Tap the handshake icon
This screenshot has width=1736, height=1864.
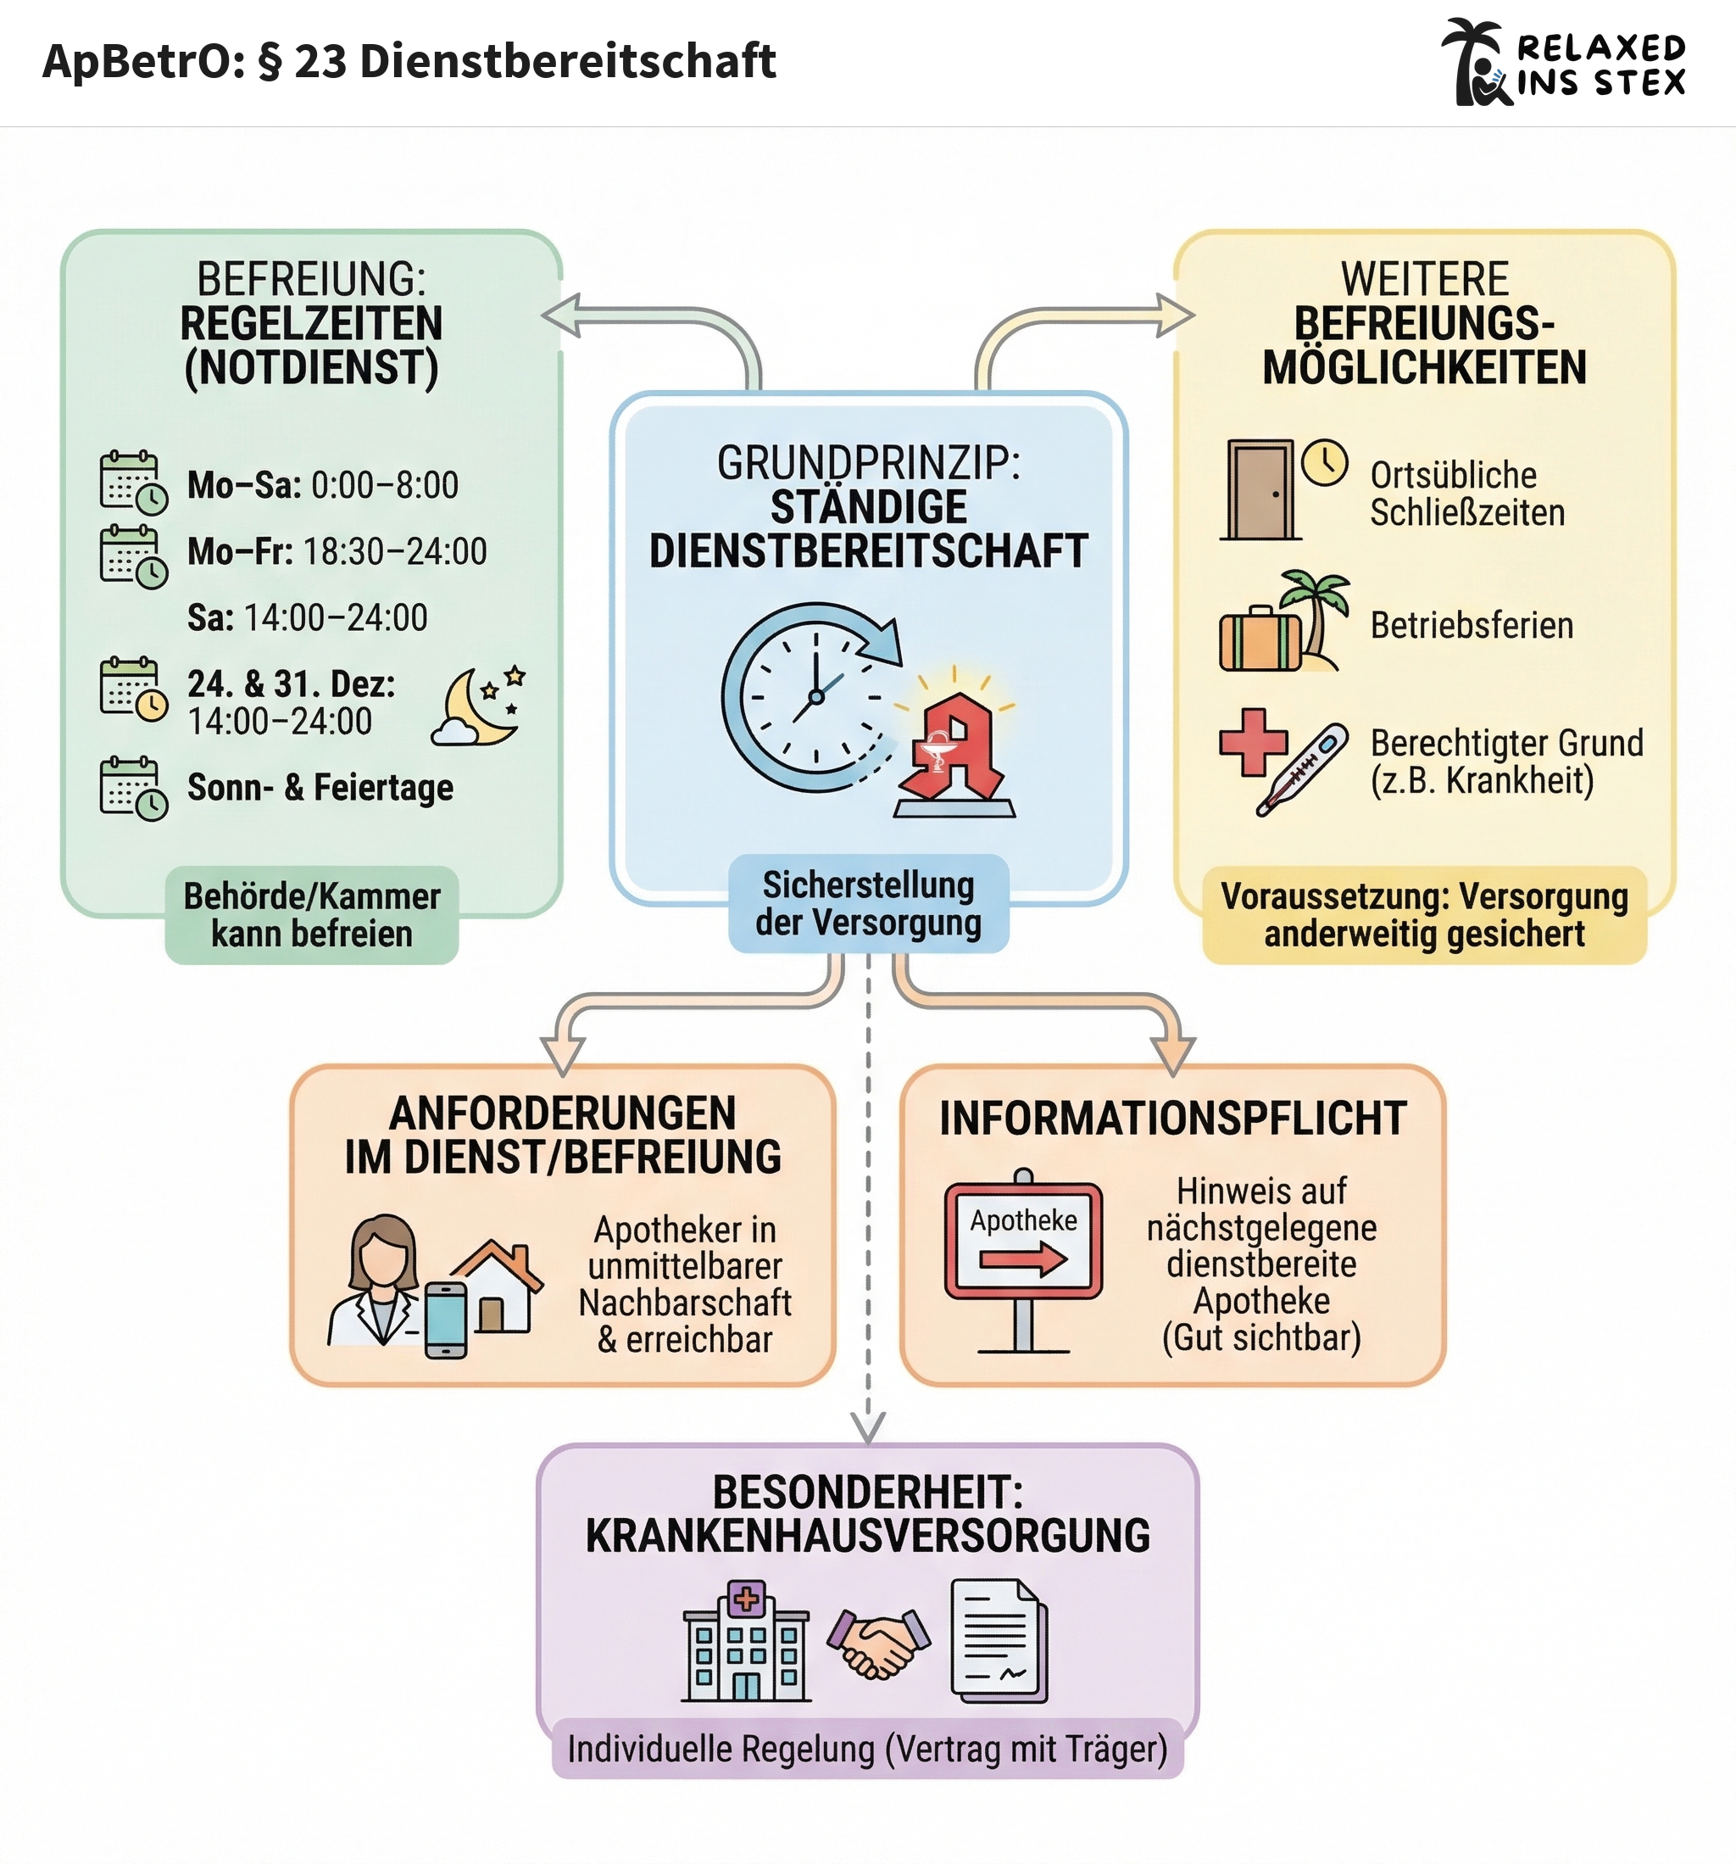[x=878, y=1643]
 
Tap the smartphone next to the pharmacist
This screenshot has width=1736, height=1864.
[x=446, y=1320]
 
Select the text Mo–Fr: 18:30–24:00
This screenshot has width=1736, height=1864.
[x=337, y=551]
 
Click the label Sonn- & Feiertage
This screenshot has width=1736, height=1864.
[x=320, y=788]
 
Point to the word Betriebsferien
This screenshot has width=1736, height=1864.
[x=1472, y=625]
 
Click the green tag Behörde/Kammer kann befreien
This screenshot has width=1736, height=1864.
[x=311, y=915]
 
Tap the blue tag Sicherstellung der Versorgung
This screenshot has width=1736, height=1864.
[x=868, y=903]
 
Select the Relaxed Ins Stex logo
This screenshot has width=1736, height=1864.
[x=1564, y=63]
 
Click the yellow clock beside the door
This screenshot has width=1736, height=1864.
[x=1325, y=462]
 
